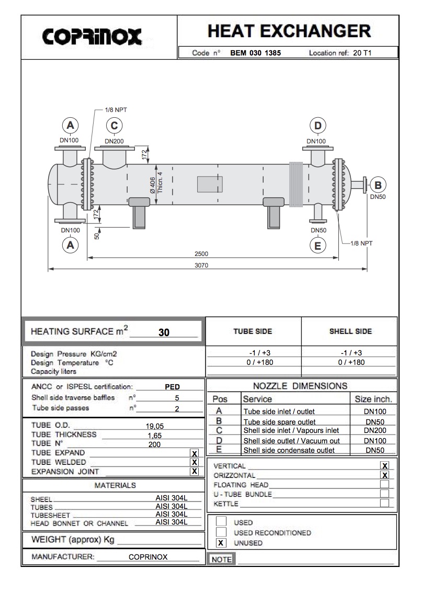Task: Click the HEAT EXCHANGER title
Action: pyautogui.click(x=289, y=31)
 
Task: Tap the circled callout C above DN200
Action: pyautogui.click(x=114, y=126)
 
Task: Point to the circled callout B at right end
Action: pyautogui.click(x=378, y=184)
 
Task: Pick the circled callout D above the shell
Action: pyautogui.click(x=317, y=126)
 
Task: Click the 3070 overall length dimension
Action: pyautogui.click(x=201, y=265)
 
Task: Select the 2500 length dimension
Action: pyautogui.click(x=201, y=254)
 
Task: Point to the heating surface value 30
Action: pyautogui.click(x=164, y=332)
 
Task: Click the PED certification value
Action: pyautogui.click(x=172, y=387)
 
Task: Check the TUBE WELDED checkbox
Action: pyautogui.click(x=195, y=462)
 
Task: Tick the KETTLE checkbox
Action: pyautogui.click(x=384, y=503)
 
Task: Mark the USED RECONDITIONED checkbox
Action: pyautogui.click(x=222, y=532)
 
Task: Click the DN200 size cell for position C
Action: pyautogui.click(x=375, y=430)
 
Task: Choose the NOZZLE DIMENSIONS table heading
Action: pyautogui.click(x=300, y=386)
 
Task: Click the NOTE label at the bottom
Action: pyautogui.click(x=221, y=559)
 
